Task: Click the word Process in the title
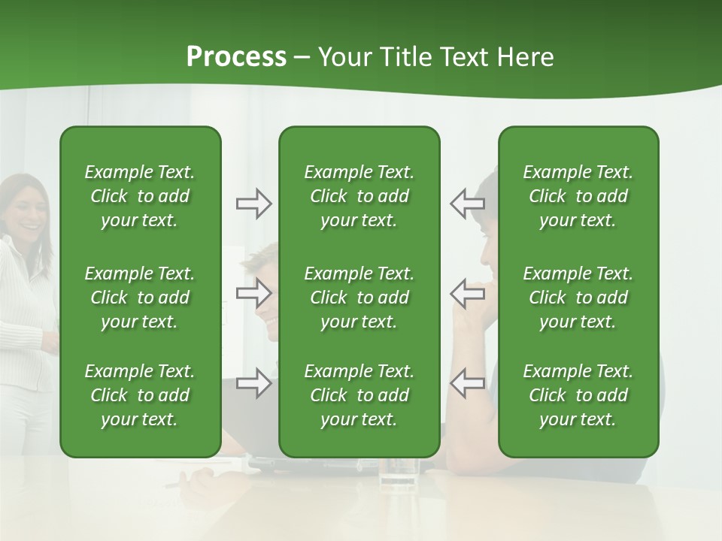(x=236, y=57)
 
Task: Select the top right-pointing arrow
(x=253, y=204)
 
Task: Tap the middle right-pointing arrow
(x=253, y=292)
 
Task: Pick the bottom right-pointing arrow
(x=253, y=383)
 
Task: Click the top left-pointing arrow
(x=467, y=204)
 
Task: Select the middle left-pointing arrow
(x=467, y=292)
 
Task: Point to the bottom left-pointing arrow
(x=467, y=383)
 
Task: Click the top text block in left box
(x=140, y=196)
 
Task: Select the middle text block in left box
(x=140, y=298)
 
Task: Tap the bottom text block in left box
(x=140, y=395)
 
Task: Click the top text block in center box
(x=359, y=196)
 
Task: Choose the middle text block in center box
(x=359, y=298)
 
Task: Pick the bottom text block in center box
(x=359, y=395)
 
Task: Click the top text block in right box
(x=578, y=196)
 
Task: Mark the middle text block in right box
(x=578, y=298)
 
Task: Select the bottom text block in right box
(x=578, y=395)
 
